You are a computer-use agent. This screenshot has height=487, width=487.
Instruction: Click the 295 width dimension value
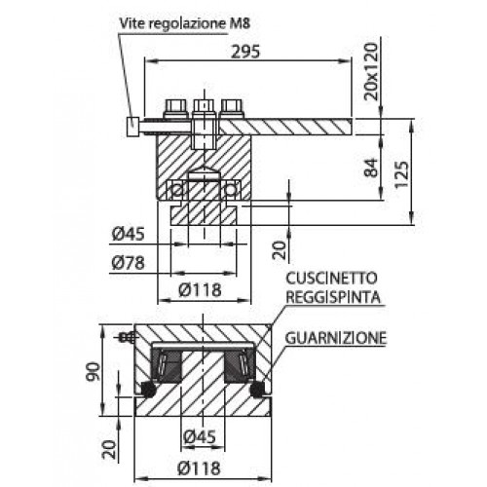tap(245, 52)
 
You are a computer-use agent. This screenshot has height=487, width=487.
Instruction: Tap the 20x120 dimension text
tap(371, 71)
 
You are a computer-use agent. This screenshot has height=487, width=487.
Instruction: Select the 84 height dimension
tap(371, 168)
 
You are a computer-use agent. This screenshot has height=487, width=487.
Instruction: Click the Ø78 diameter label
tap(128, 263)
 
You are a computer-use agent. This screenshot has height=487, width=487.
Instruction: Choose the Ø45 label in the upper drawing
tap(128, 234)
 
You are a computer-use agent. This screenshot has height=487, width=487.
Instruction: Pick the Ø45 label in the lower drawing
tap(200, 436)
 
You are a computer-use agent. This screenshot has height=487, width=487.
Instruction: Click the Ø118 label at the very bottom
tap(200, 468)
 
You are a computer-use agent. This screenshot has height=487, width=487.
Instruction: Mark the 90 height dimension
tap(93, 371)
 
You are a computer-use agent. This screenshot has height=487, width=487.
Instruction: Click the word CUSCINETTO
tap(331, 279)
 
